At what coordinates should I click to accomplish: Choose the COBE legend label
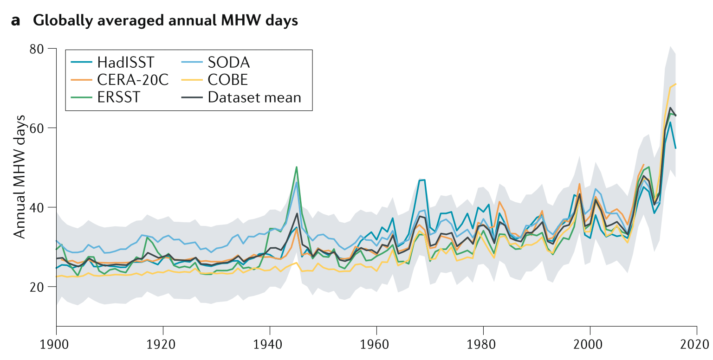pyautogui.click(x=228, y=80)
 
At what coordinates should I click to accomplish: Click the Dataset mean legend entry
pyautogui.click(x=254, y=97)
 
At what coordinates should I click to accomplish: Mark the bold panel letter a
pyautogui.click(x=16, y=21)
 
